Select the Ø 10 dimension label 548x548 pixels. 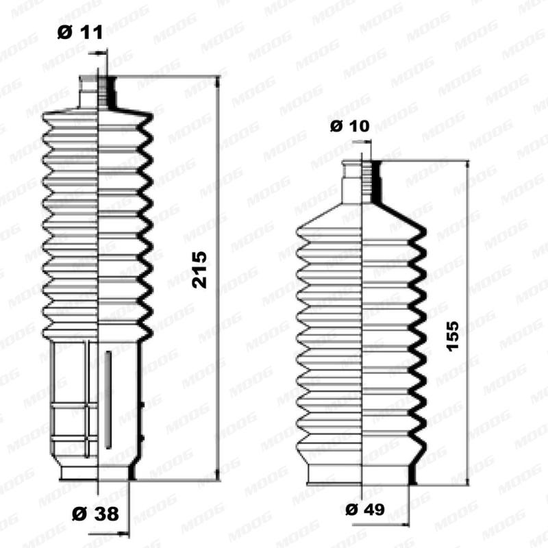click(349, 125)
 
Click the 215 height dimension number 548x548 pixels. click(199, 270)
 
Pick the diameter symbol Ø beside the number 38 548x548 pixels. click(77, 512)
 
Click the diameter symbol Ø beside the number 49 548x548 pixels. click(351, 510)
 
